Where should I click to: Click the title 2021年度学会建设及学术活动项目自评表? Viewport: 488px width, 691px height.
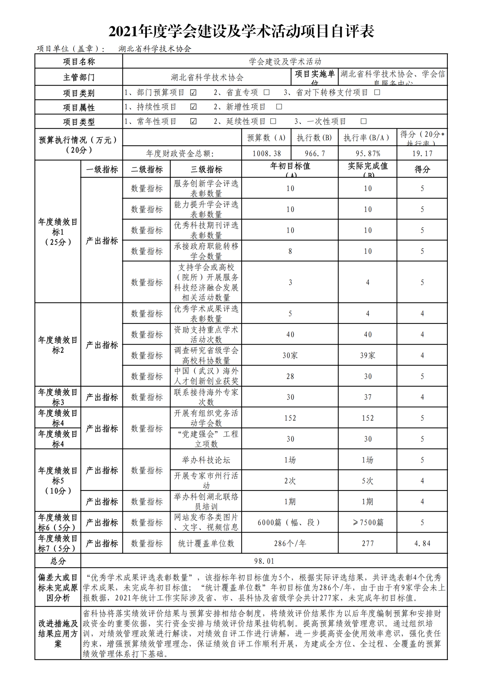241,31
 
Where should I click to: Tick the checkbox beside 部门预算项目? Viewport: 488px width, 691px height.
193,92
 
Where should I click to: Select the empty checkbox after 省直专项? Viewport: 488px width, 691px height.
266,92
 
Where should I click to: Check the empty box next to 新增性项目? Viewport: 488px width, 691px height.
279,107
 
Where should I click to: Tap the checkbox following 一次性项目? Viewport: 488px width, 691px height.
363,121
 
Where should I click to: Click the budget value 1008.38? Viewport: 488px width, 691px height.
266,153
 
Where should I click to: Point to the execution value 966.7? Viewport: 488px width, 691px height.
315,153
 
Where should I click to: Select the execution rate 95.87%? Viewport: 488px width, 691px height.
368,153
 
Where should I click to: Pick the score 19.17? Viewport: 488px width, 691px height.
422,153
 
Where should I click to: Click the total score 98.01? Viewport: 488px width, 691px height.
264,561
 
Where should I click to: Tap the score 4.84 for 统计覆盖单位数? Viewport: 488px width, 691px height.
422,543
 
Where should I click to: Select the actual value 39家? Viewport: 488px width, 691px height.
368,355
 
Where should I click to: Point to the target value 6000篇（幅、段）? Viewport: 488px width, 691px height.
290,522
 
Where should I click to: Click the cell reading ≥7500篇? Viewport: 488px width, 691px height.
368,522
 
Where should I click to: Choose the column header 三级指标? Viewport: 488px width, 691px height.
206,169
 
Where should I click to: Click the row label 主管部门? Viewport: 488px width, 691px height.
79,77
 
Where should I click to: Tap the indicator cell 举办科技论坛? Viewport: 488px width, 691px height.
206,460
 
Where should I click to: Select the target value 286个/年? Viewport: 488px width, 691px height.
290,543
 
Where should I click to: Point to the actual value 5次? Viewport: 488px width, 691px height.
368,481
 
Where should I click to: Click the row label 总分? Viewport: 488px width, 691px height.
58,561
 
